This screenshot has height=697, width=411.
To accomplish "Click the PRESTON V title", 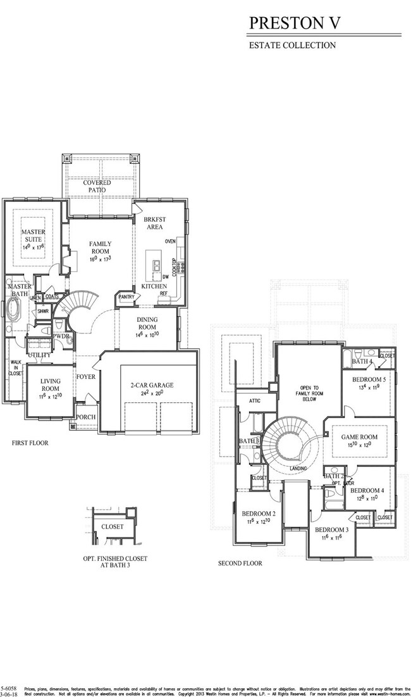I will click(x=295, y=23).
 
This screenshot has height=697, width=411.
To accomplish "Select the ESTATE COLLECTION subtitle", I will click(x=291, y=46).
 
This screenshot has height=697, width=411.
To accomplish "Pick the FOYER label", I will click(x=86, y=377).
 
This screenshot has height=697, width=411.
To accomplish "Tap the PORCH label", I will click(x=85, y=417).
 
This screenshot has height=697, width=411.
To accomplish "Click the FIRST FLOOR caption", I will click(x=30, y=443).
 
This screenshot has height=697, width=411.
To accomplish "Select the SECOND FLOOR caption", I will click(x=240, y=563).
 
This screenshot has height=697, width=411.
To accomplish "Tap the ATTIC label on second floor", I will click(x=255, y=400).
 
